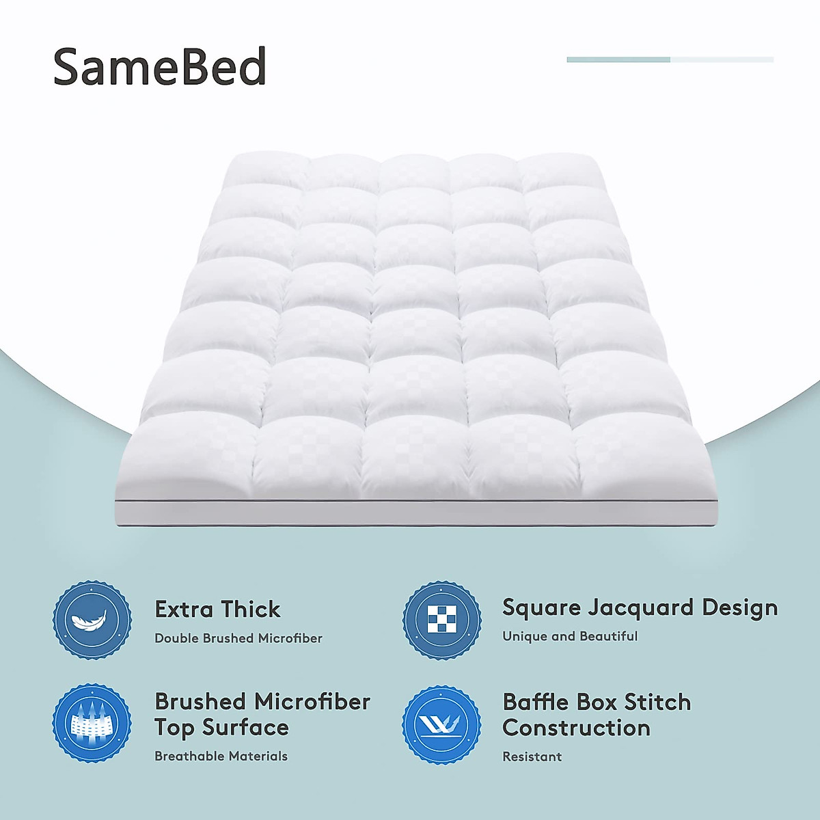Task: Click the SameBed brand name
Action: point(159,67)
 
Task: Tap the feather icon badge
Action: point(92,620)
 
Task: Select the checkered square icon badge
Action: point(441,620)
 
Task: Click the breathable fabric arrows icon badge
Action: point(92,723)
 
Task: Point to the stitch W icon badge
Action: point(441,724)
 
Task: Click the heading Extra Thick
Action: point(217,609)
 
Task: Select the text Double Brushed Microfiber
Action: point(238,638)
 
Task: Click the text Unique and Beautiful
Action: point(570,636)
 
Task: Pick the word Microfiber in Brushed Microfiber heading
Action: point(312,702)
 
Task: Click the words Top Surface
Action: point(221,728)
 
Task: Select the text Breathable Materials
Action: point(221,756)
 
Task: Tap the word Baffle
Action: point(536,702)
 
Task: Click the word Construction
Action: point(576,728)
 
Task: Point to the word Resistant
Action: point(532,756)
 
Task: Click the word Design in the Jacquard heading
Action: point(740,607)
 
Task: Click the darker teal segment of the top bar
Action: point(618,59)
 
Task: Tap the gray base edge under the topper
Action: point(417,514)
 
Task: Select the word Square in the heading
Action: point(542,607)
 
